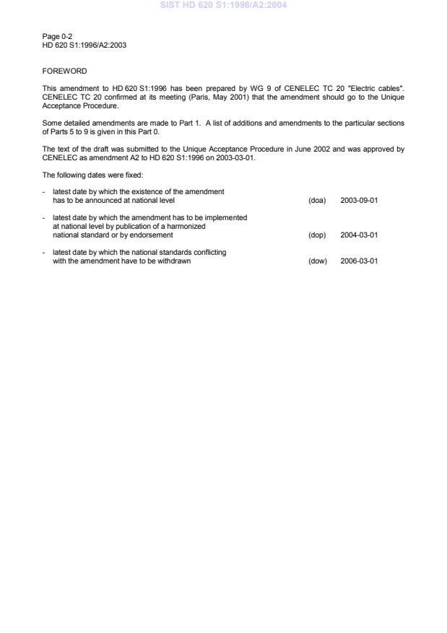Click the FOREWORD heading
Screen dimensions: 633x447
tap(64, 71)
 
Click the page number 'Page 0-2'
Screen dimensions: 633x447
tap(57, 35)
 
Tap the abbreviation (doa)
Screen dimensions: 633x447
tap(317, 200)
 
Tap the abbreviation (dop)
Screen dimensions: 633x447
tap(317, 235)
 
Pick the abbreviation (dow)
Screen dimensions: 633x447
tap(318, 261)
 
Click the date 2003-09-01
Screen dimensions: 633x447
tap(359, 200)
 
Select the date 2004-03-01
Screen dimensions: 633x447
tap(359, 235)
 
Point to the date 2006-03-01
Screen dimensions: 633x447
tap(359, 261)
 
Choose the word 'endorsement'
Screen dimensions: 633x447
tap(153, 235)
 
